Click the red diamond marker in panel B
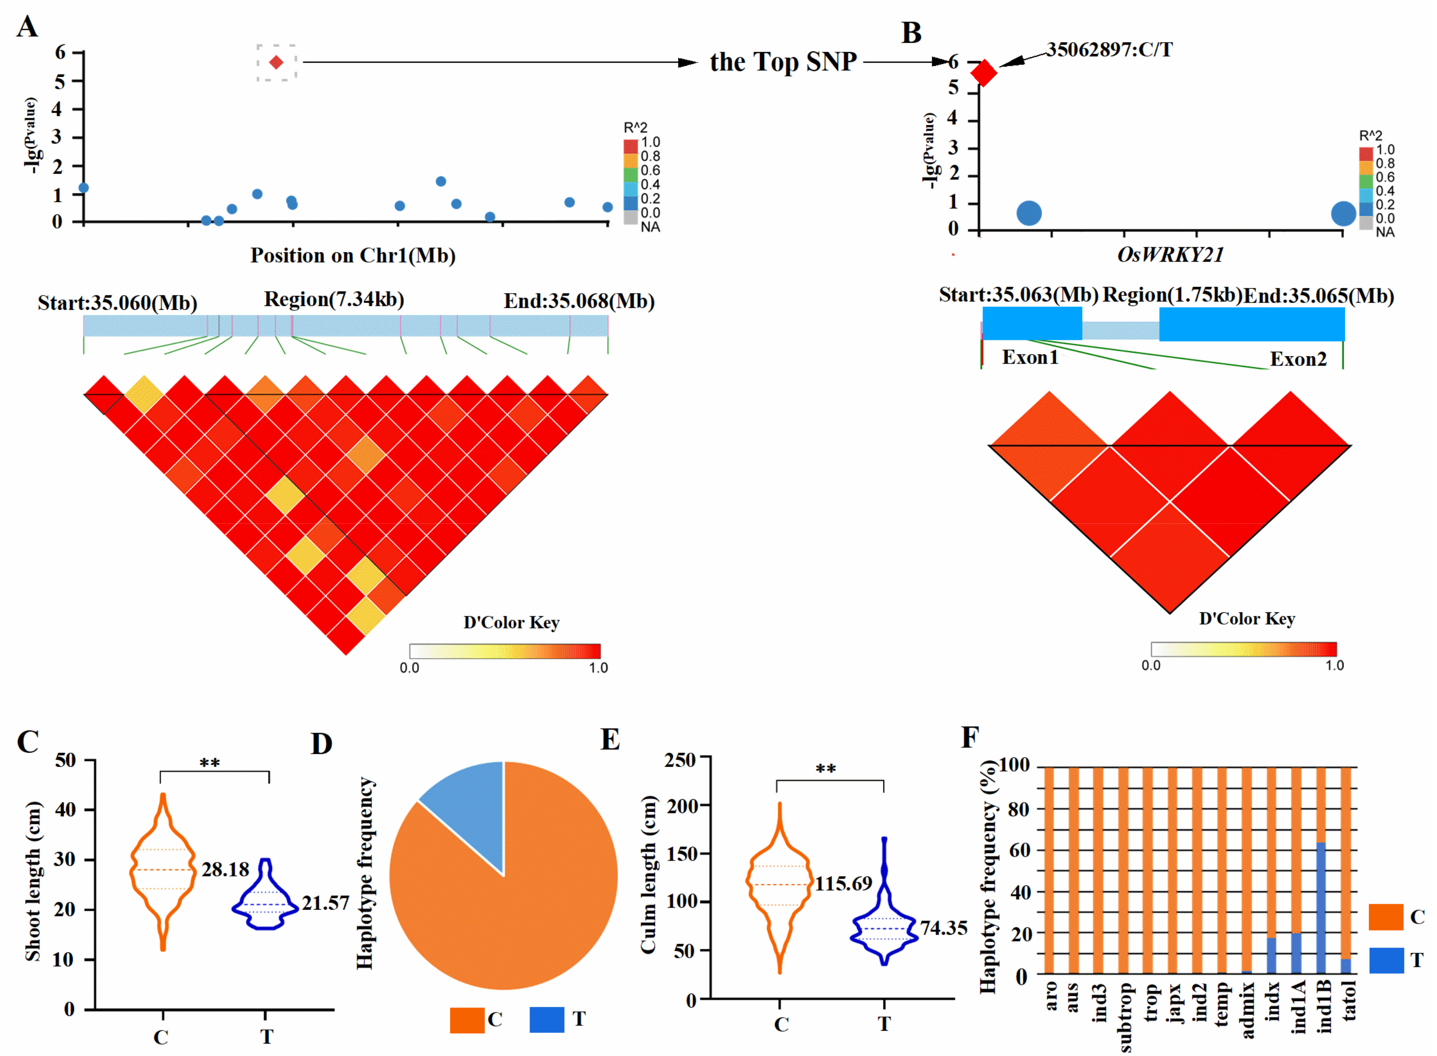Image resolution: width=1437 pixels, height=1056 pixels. pyautogui.click(x=983, y=73)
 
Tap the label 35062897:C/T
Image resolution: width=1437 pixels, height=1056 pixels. pyautogui.click(x=1109, y=50)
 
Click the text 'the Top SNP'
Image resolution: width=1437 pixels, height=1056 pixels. pyautogui.click(x=783, y=62)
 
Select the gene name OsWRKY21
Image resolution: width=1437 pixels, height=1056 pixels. pyautogui.click(x=1170, y=255)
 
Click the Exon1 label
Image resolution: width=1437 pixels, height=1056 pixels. pyautogui.click(x=1030, y=357)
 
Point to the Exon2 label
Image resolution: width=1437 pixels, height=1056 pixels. pyautogui.click(x=1298, y=359)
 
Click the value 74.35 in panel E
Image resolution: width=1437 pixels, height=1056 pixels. pyautogui.click(x=943, y=928)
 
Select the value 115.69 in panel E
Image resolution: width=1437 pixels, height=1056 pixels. pyautogui.click(x=843, y=884)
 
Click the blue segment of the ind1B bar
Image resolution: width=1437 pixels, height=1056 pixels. pyautogui.click(x=1321, y=908)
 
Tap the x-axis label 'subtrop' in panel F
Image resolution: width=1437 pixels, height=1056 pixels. pyautogui.click(x=1125, y=1016)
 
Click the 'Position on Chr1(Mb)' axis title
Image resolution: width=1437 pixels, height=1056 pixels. pyautogui.click(x=353, y=256)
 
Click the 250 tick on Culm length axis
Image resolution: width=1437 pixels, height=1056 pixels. pyautogui.click(x=680, y=760)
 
